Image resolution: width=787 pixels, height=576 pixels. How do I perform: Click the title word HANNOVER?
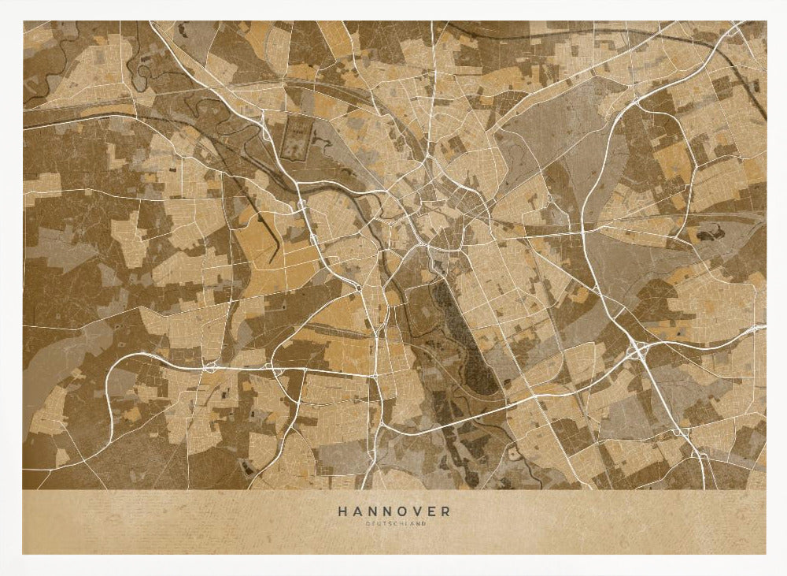pyautogui.click(x=395, y=511)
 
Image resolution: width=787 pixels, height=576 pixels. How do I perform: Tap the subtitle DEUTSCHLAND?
pyautogui.click(x=395, y=523)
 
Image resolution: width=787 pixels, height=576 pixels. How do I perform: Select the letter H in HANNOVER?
pyautogui.click(x=342, y=511)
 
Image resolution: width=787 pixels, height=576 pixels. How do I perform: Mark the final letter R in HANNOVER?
pyautogui.click(x=447, y=511)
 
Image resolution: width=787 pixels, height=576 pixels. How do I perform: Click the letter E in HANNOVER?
pyautogui.click(x=432, y=511)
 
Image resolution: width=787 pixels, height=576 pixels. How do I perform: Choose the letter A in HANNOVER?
pyautogui.click(x=357, y=511)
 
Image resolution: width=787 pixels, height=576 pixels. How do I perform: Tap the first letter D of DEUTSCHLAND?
pyautogui.click(x=367, y=523)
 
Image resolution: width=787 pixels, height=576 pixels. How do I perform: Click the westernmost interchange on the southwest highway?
pyautogui.click(x=211, y=366)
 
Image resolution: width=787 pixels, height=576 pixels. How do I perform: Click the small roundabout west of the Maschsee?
pyautogui.click(x=358, y=290)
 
